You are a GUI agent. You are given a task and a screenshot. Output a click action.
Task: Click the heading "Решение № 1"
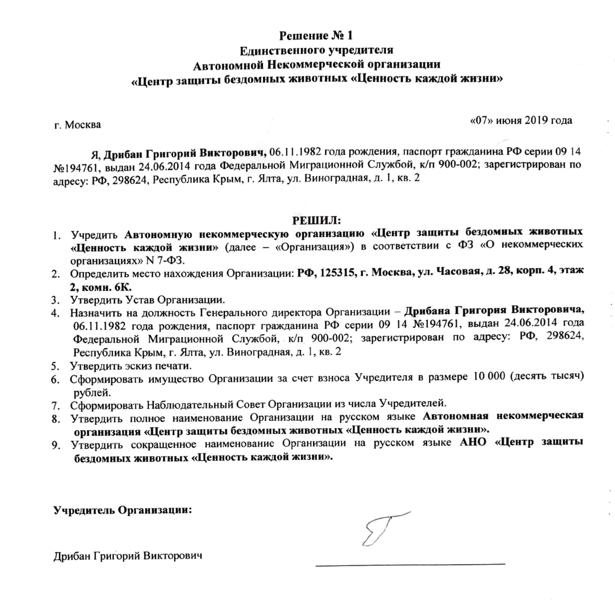[x=316, y=36]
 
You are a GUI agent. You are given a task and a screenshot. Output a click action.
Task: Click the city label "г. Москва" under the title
[x=77, y=125]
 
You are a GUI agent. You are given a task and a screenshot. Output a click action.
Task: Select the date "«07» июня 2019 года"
[x=522, y=120]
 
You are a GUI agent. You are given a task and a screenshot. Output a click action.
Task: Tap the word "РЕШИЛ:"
[x=316, y=220]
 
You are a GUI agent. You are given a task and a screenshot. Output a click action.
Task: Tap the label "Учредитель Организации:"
[x=123, y=510]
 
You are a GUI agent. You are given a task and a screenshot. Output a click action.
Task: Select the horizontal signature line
[x=409, y=564]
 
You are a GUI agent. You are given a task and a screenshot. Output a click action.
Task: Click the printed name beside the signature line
[x=128, y=556]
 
